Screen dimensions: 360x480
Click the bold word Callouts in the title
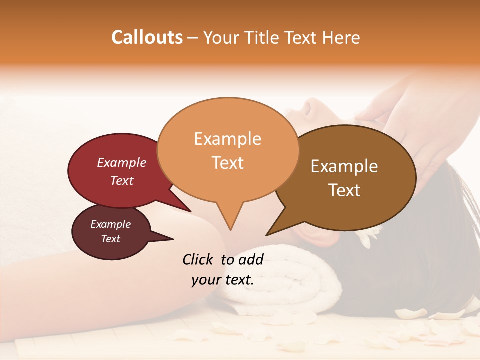147,37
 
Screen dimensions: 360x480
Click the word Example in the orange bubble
227,138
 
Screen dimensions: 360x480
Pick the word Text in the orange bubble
227,163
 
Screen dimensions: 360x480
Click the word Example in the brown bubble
344,166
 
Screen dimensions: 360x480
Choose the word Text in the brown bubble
344,190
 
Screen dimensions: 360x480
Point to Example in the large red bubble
121,162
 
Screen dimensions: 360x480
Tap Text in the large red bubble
121,180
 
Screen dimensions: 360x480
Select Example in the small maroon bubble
110,224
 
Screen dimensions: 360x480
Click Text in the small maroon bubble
110,239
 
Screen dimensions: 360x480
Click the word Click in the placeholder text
199,259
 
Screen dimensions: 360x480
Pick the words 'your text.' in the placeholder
223,280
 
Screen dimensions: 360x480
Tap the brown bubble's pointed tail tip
267,235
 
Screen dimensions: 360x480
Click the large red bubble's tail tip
190,211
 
